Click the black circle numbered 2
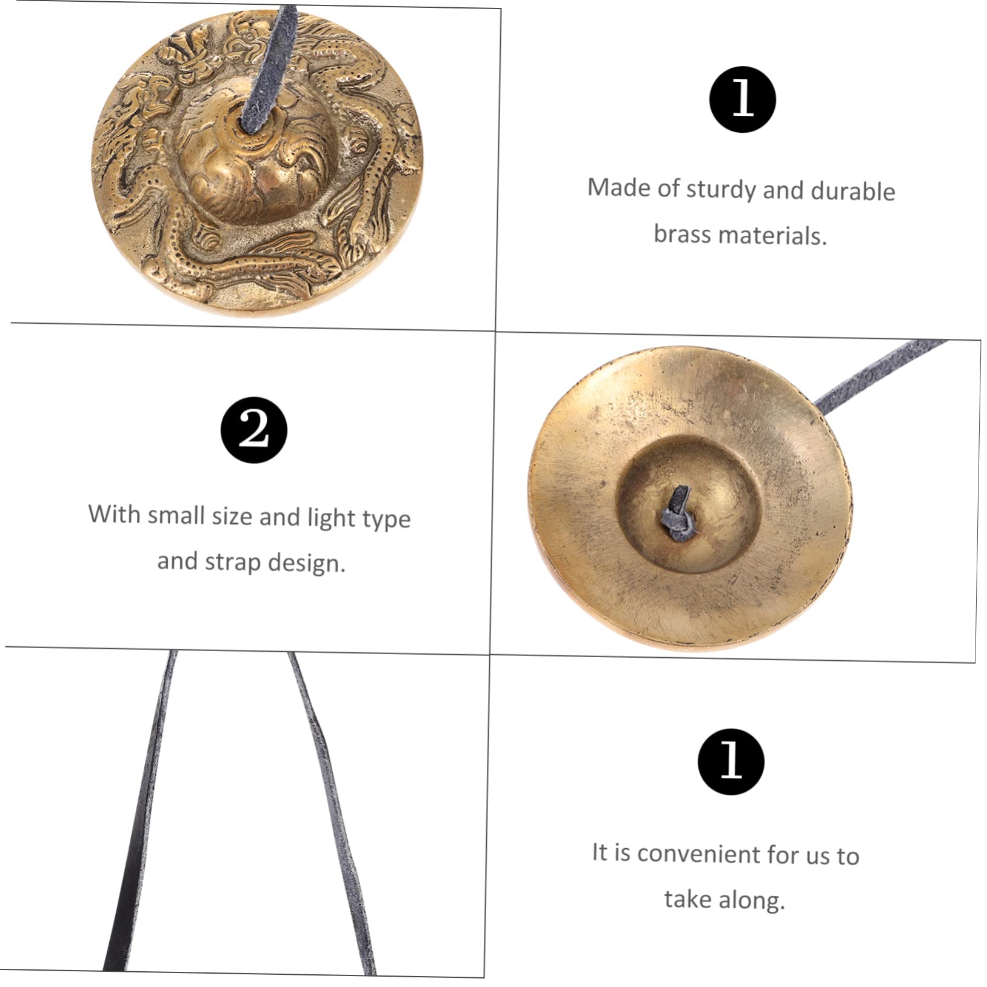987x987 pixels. [x=253, y=430]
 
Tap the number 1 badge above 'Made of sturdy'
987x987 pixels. [x=742, y=99]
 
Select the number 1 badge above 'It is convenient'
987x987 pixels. [x=731, y=761]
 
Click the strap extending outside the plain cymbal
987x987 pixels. [x=879, y=373]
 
